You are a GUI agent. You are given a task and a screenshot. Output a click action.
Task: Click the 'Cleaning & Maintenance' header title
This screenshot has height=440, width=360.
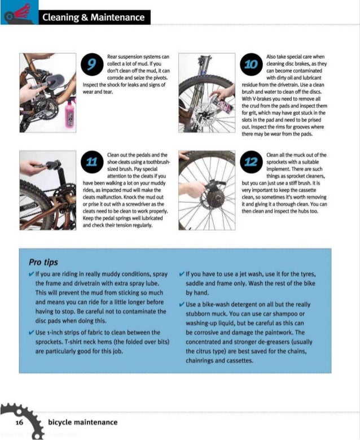click(94, 18)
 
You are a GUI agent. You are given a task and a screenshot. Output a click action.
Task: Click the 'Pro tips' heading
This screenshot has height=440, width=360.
click(43, 262)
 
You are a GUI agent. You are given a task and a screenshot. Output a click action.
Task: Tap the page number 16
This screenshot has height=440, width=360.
click(19, 422)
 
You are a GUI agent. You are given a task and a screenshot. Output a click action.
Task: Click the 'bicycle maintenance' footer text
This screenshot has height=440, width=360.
click(83, 422)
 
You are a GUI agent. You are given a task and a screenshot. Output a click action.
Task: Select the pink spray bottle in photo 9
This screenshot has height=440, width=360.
click(71, 116)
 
